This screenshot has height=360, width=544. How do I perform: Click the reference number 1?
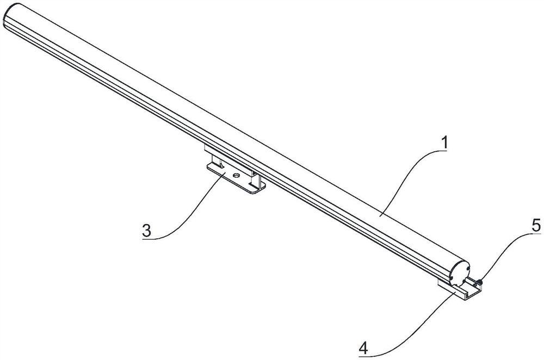click(x=445, y=144)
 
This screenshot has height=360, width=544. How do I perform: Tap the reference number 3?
click(x=146, y=230)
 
